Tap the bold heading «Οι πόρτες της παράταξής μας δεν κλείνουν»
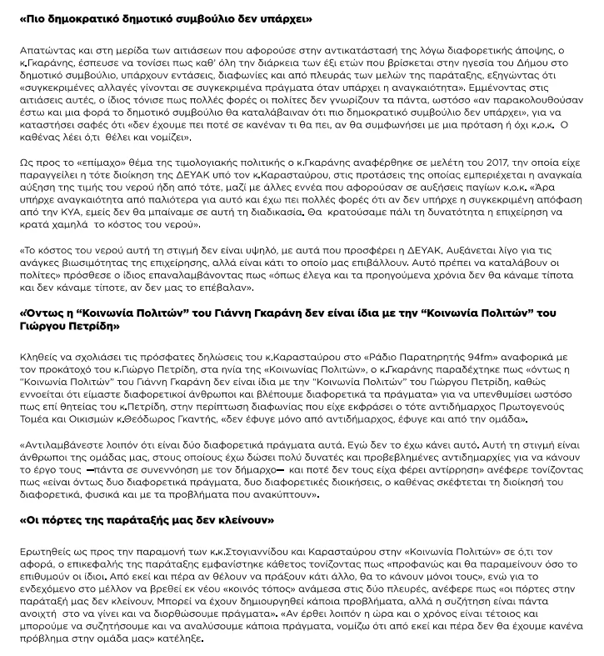click(x=147, y=520)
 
